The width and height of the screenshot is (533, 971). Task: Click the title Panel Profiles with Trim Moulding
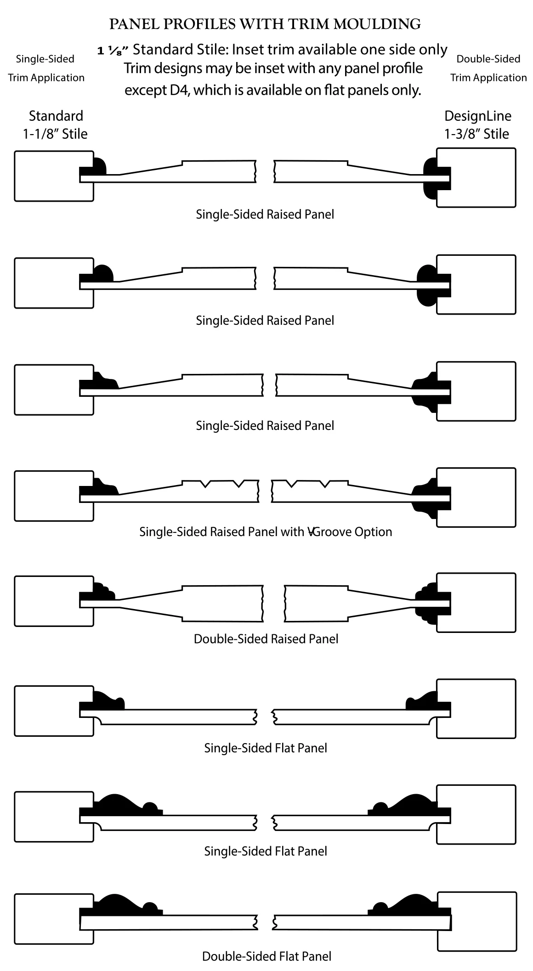[x=265, y=24]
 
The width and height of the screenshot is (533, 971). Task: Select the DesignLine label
[x=478, y=116]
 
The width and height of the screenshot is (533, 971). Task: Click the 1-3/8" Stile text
[x=476, y=134]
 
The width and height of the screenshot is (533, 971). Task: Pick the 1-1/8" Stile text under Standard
[x=55, y=134]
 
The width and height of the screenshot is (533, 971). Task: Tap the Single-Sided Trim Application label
[x=46, y=68]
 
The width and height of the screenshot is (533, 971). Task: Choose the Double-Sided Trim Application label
[x=488, y=68]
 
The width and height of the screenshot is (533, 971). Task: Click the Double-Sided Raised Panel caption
[x=266, y=639]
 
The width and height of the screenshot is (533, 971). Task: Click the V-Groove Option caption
[x=266, y=532]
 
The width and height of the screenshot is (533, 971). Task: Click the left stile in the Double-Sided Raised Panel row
[x=54, y=600]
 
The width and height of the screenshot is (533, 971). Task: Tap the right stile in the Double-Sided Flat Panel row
[x=476, y=921]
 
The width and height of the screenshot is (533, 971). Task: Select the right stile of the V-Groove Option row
[x=476, y=497]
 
